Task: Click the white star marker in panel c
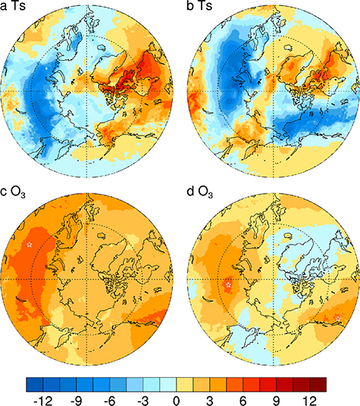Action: click(x=30, y=245)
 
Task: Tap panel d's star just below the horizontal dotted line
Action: click(x=228, y=286)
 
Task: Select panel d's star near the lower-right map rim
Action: click(x=337, y=315)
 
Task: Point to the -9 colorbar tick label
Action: click(x=78, y=398)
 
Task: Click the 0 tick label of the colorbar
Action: click(x=177, y=398)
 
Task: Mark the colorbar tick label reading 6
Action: click(x=243, y=398)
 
